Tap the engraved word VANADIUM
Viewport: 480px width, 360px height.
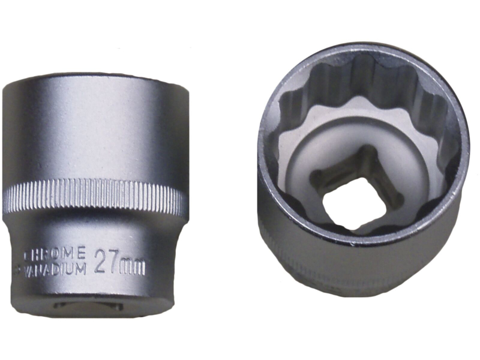(x=55, y=269)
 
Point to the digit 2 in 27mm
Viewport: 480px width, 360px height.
(x=101, y=261)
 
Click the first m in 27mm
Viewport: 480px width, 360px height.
(x=127, y=267)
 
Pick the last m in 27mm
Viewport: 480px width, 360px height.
(x=139, y=268)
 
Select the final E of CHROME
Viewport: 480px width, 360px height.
(x=81, y=253)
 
